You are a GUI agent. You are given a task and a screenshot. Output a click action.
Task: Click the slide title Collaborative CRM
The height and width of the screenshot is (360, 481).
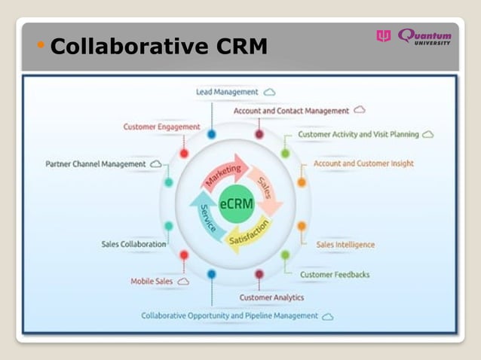click(159, 47)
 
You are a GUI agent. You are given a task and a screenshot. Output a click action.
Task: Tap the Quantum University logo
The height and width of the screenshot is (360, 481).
click(415, 36)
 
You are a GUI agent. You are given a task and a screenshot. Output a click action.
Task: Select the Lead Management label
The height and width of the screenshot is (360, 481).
click(227, 92)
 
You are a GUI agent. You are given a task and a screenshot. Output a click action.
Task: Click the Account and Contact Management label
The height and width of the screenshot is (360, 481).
click(291, 111)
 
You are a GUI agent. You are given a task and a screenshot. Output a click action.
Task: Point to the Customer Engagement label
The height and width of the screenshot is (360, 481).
click(161, 127)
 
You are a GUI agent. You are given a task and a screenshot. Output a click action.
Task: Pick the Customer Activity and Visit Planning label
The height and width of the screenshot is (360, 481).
click(358, 134)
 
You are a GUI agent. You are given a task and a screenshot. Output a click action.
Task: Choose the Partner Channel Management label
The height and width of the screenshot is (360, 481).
click(96, 163)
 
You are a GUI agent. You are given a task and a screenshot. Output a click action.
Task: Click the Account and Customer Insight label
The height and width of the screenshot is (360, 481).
click(363, 163)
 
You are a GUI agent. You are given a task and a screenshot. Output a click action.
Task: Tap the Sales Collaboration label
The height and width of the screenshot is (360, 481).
click(133, 244)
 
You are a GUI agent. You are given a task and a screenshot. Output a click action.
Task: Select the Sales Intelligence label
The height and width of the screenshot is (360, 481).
click(345, 244)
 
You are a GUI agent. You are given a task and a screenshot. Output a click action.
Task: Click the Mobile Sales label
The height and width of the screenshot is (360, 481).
click(152, 281)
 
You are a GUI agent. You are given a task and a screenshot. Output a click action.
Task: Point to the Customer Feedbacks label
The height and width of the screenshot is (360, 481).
click(335, 274)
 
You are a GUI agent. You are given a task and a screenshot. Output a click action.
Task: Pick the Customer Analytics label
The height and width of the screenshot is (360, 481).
click(271, 297)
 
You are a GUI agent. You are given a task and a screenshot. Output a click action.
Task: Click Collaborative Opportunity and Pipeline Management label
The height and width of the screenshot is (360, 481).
click(230, 316)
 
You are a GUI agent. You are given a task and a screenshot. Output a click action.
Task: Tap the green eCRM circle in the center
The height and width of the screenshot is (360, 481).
click(236, 203)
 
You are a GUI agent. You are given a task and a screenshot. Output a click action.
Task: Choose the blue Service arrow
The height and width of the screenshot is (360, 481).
click(204, 216)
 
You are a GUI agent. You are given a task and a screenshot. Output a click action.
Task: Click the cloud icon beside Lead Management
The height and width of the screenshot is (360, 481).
click(269, 92)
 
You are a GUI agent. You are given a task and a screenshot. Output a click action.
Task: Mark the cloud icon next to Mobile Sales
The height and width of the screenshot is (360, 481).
click(182, 281)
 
